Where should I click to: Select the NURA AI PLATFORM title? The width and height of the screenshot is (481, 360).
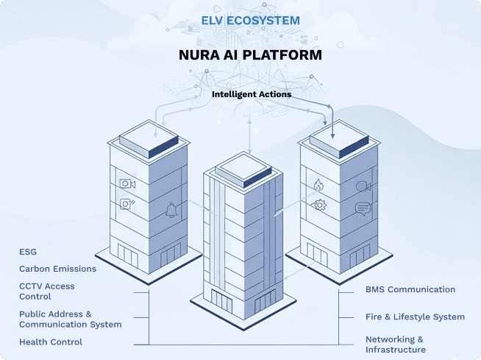click(251, 55)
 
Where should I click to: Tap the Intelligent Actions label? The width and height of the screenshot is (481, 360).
click(252, 94)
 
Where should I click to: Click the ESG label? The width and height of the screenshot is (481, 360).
click(28, 252)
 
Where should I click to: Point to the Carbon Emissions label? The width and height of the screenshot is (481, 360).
click(57, 269)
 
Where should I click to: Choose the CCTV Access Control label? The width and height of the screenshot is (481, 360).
click(47, 292)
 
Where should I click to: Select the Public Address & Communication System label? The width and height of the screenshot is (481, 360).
click(70, 319)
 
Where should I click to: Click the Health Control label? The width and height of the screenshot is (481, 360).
click(51, 342)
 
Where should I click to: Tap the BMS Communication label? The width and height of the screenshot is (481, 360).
click(410, 289)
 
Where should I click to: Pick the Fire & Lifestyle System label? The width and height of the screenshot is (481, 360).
click(415, 317)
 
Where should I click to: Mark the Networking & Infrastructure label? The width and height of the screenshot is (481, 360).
click(395, 344)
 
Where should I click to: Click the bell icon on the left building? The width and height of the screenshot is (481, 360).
click(171, 211)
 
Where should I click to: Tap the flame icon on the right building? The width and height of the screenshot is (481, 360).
click(318, 185)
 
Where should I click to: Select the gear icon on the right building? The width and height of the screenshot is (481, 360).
click(319, 205)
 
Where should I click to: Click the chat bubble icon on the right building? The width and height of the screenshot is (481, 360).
click(363, 208)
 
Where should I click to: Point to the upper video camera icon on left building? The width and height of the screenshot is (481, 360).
click(127, 183)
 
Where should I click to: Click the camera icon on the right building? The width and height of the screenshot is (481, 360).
click(363, 186)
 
